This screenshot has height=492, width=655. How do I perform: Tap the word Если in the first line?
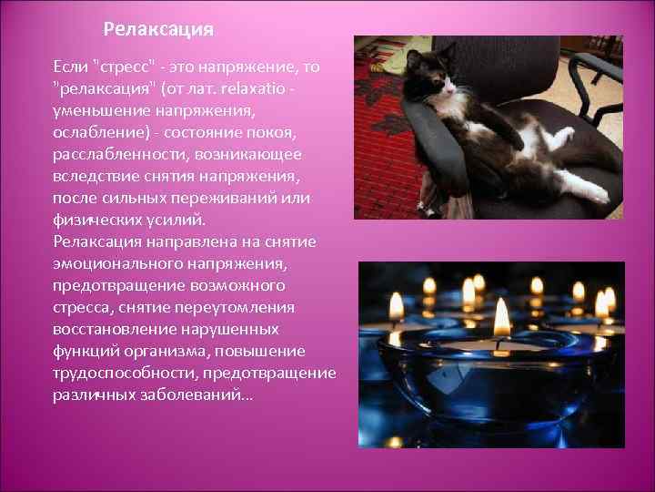(x=71, y=68)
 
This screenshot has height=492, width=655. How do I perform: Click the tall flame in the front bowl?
(x=501, y=318)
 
